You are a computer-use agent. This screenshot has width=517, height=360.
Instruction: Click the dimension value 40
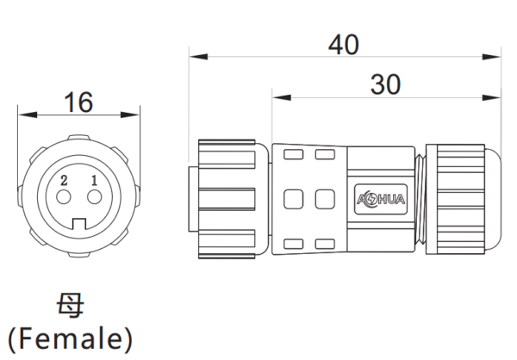coord(343,45)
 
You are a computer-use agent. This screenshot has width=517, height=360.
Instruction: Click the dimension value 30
coord(385,84)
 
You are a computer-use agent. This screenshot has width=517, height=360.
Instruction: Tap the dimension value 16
coord(78,102)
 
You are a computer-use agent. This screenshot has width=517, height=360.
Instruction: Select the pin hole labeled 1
coord(94,197)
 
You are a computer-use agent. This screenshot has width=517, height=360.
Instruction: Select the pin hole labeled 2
coord(64,197)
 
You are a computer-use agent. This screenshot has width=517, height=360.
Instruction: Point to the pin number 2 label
coord(64,181)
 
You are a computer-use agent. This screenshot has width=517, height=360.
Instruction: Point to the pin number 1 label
coord(94,181)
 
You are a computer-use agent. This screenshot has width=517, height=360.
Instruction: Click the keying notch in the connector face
coord(79,224)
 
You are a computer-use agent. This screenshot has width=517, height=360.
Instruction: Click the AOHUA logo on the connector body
coord(381,199)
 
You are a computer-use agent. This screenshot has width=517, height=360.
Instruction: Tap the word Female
coord(70,339)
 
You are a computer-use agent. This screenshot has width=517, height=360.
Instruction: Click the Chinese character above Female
coord(71,306)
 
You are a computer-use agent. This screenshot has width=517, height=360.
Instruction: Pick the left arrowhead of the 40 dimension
coord(198,57)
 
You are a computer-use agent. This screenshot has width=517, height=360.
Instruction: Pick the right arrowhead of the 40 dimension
coord(491,57)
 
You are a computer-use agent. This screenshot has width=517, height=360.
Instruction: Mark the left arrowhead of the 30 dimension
coord(282,97)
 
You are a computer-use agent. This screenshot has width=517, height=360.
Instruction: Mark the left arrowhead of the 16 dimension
coord(28,115)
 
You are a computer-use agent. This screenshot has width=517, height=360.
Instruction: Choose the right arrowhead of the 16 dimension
coord(130,115)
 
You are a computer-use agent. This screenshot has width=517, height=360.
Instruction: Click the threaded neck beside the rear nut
coord(420,199)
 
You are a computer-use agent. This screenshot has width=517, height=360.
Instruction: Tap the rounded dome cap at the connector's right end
coord(493,199)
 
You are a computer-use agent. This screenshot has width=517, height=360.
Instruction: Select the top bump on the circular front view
coord(78,138)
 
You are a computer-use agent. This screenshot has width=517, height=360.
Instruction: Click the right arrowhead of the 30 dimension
coord(491,97)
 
